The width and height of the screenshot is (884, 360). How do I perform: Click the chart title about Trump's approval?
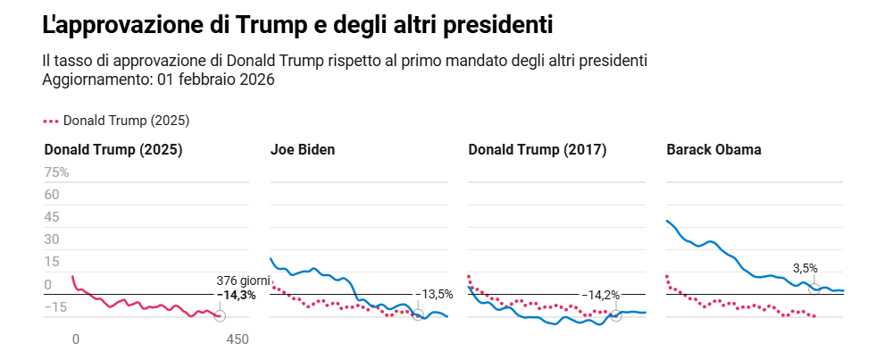[x=297, y=26]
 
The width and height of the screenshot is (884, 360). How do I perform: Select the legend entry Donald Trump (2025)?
[x=117, y=121]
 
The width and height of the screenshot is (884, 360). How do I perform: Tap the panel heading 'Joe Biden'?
[x=303, y=150]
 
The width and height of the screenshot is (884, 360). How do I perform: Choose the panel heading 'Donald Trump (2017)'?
[x=537, y=150]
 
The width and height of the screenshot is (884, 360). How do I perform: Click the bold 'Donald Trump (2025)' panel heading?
[x=113, y=150]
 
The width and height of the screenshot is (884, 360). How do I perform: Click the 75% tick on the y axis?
[x=56, y=172]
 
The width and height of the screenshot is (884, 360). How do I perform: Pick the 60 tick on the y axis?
[x=52, y=195]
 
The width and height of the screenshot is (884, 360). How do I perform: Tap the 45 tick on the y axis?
[x=52, y=217]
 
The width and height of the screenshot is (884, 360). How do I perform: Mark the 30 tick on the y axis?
[x=52, y=239]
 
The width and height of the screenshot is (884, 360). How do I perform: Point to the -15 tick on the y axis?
[x=55, y=307]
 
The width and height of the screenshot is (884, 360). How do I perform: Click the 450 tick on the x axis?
[x=237, y=339]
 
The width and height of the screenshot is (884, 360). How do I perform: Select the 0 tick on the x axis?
[x=76, y=339]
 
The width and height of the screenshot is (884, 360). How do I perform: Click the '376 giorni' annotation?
[x=243, y=281]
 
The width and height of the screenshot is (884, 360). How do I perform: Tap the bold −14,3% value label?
[x=239, y=295]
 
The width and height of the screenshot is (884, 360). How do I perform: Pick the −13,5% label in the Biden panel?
[x=434, y=294]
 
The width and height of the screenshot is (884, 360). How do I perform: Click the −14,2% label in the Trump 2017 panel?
[x=600, y=294]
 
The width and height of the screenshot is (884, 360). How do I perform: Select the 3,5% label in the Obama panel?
[x=805, y=268]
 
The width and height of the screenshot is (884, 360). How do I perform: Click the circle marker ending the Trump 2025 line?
[x=220, y=316]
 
